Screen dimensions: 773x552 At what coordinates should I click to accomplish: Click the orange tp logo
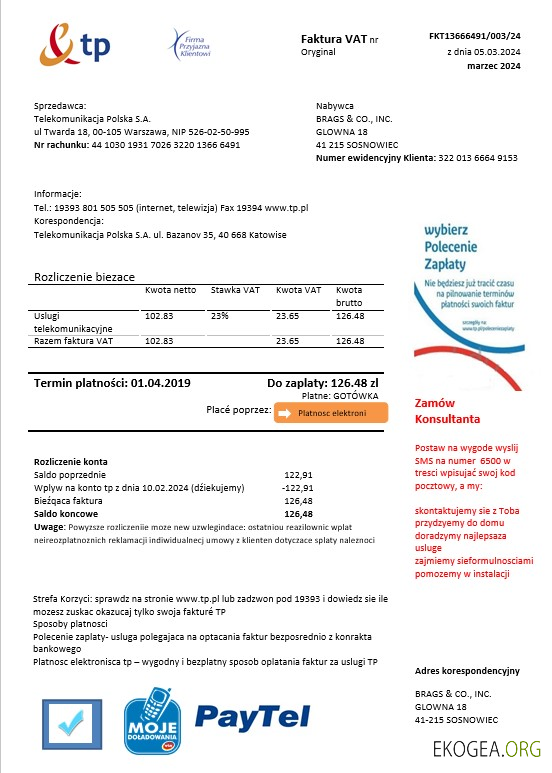(74, 45)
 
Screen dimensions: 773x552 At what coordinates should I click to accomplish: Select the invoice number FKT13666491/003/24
(474, 36)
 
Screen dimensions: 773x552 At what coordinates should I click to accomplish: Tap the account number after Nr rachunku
(165, 145)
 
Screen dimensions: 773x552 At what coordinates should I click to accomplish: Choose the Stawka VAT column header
(235, 290)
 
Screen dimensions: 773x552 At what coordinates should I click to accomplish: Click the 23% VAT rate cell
(220, 316)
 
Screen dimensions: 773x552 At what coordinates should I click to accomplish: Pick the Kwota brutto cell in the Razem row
(350, 341)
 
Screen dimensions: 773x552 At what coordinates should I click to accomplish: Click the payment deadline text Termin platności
(112, 382)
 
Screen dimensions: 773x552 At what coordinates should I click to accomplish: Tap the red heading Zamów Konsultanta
(447, 411)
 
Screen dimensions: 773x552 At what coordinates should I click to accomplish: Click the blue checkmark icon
(72, 721)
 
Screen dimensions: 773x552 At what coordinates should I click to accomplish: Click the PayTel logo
(246, 716)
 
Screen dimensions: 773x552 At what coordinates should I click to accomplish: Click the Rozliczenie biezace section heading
(84, 276)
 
